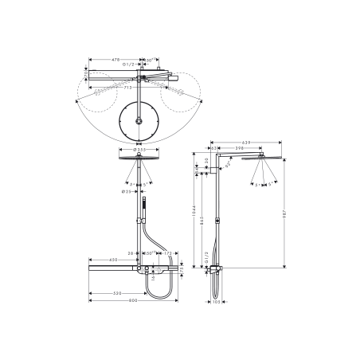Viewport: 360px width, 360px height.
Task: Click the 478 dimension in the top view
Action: (115, 59)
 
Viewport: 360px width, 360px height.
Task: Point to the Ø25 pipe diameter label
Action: (127, 191)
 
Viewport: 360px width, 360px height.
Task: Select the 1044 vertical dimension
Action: (194, 211)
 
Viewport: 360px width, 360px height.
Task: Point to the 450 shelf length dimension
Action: (113, 260)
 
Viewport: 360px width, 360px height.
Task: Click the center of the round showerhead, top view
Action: (140, 121)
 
